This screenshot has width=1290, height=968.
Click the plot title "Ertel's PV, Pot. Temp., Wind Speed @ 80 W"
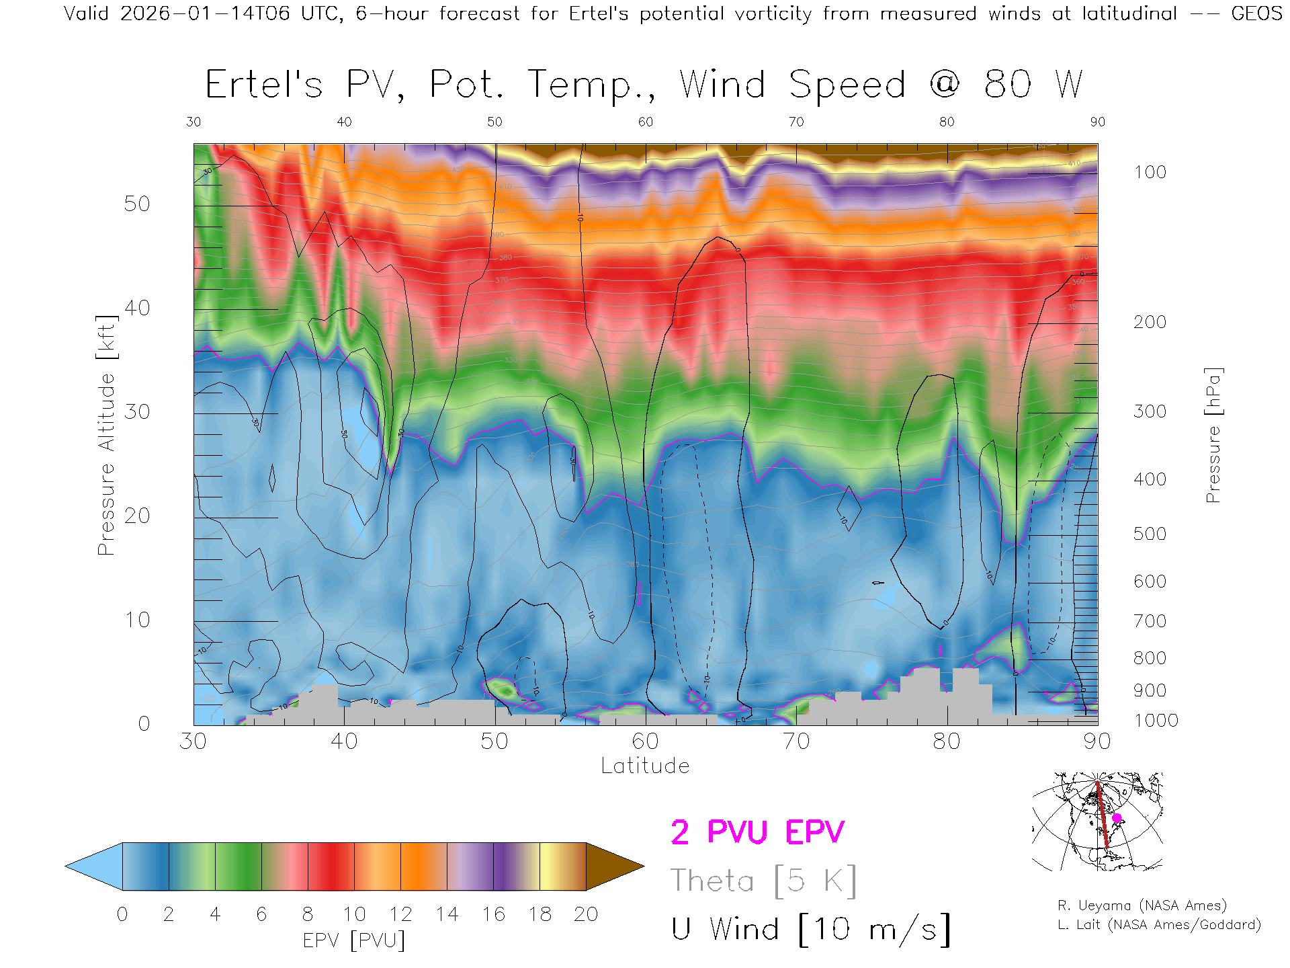(x=644, y=85)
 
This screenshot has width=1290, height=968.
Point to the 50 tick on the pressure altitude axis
(x=136, y=204)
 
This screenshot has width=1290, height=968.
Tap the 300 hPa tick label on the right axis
(x=1150, y=411)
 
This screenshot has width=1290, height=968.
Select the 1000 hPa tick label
(x=1156, y=721)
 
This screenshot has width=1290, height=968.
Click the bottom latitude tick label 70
(x=796, y=741)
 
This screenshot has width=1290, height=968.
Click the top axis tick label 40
(x=344, y=122)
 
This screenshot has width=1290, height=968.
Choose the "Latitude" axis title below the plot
(x=645, y=766)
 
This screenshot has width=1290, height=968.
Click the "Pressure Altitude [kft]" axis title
(x=106, y=435)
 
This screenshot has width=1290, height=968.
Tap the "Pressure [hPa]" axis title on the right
(x=1213, y=435)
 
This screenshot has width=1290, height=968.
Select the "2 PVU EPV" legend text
(x=757, y=832)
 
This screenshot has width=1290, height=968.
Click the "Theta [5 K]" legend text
(x=763, y=881)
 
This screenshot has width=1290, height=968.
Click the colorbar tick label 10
(x=354, y=914)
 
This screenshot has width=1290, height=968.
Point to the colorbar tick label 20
(x=586, y=914)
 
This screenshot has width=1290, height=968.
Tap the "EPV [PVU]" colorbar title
(x=354, y=940)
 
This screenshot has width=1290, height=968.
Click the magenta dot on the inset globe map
(x=1117, y=818)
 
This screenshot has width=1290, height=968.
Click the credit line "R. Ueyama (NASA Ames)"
(x=1142, y=905)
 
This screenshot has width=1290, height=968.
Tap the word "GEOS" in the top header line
(x=1256, y=13)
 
